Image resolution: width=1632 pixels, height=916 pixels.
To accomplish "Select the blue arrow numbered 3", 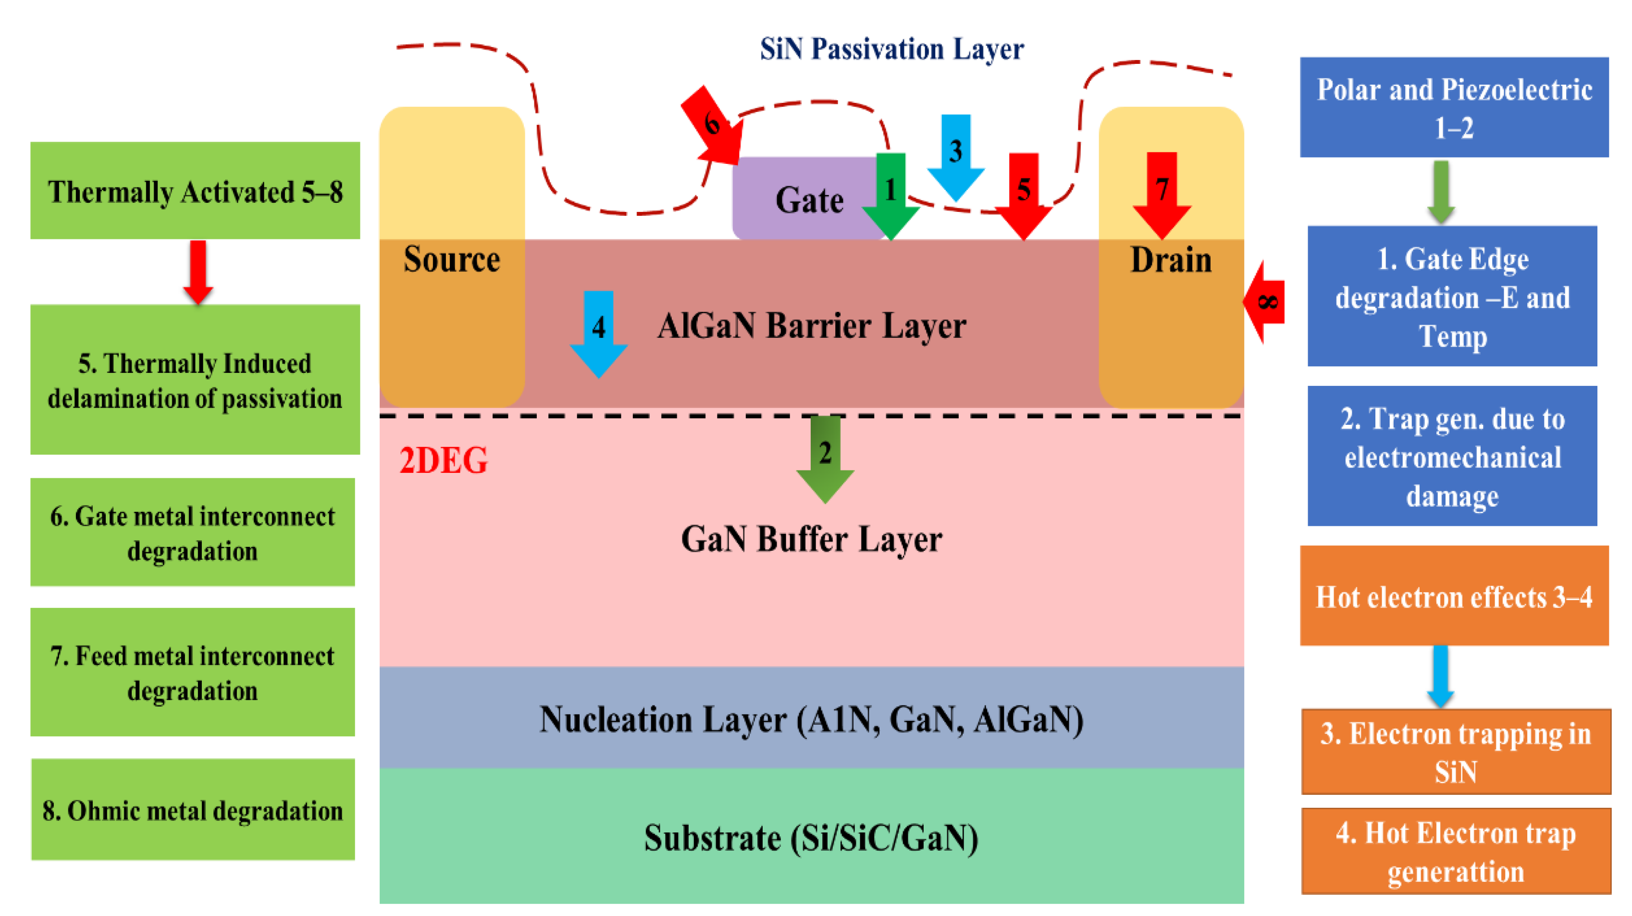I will coord(955,155).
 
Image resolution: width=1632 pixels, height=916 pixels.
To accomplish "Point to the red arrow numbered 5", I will coord(1023,194).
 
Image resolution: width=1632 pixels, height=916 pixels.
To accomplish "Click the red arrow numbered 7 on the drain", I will coord(1161,193).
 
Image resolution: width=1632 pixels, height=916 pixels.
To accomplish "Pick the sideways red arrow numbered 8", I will coord(1265,302).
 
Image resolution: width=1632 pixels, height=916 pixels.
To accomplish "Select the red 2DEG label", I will coord(444,460).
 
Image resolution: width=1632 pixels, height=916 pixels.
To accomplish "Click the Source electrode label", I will coord(452,259).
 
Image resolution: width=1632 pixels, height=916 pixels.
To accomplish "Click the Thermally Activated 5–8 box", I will coord(195,191).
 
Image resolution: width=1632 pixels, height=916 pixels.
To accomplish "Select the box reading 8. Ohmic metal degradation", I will coord(193,810).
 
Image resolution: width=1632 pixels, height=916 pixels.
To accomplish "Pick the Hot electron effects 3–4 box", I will coord(1454,595).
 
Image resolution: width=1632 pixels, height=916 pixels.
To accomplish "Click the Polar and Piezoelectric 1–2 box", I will coord(1454,107).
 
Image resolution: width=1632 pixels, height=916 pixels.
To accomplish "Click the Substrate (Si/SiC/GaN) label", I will coord(811,838).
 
